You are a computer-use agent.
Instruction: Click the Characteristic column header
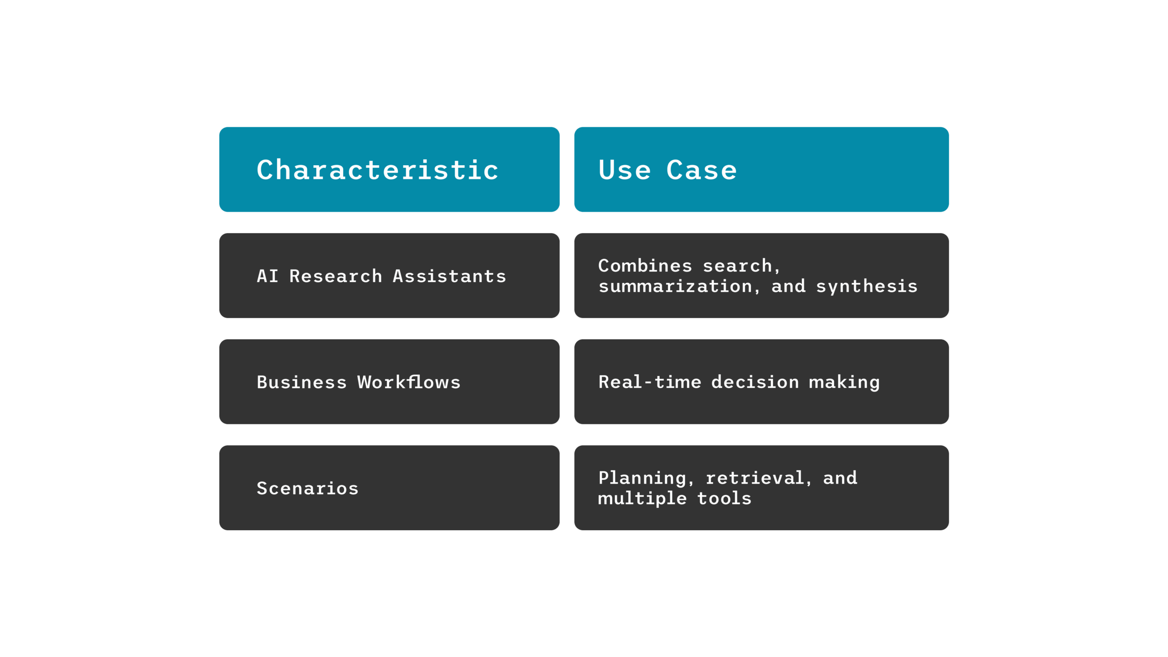click(x=377, y=170)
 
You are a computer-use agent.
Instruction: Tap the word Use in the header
click(x=624, y=170)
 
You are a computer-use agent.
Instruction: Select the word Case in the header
click(x=701, y=170)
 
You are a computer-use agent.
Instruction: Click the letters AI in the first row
click(x=267, y=276)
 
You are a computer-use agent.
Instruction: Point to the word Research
click(x=335, y=276)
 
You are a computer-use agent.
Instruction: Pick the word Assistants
click(x=449, y=276)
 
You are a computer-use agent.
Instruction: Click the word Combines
click(x=645, y=266)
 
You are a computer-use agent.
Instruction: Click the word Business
click(x=302, y=382)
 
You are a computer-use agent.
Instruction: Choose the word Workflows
click(x=409, y=382)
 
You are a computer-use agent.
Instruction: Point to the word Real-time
click(x=650, y=382)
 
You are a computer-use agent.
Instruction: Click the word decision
click(x=755, y=382)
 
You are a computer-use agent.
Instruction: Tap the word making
click(x=844, y=383)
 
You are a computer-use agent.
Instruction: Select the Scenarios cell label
click(x=308, y=488)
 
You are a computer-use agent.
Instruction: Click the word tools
click(x=724, y=499)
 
